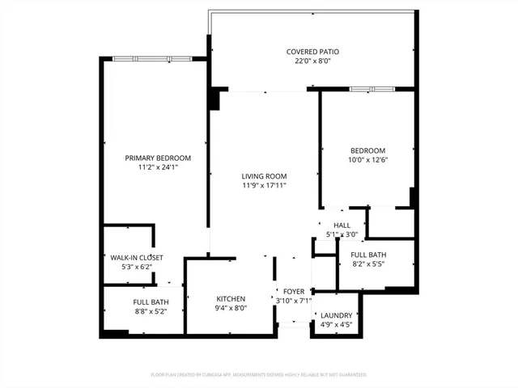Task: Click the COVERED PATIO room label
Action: pos(312,52)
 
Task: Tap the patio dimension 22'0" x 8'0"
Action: pos(312,61)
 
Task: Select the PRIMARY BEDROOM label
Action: pos(157,158)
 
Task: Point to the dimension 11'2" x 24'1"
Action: pos(157,167)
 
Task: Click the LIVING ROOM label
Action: pos(264,176)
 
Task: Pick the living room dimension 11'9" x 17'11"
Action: pos(264,185)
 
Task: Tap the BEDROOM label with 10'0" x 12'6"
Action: pos(367,150)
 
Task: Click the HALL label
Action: pos(342,226)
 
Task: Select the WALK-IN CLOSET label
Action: pos(131,258)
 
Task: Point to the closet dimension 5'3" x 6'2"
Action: pos(131,267)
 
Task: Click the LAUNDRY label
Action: pos(336,315)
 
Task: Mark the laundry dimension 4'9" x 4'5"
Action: pos(336,325)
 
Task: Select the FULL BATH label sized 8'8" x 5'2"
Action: pos(150,302)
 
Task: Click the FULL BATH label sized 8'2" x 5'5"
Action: pos(367,255)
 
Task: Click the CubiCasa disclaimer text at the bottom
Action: pos(259,375)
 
